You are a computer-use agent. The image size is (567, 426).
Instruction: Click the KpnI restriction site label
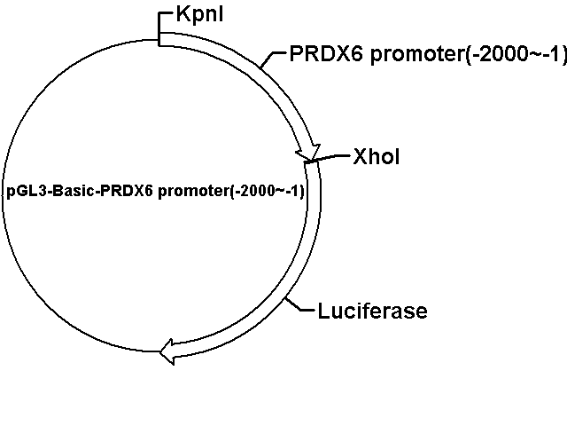pos(199,15)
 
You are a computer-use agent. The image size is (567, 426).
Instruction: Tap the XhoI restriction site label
pos(377,156)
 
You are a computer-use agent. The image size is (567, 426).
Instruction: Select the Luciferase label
pos(372,312)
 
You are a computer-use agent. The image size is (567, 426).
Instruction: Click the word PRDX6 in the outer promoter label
pos(326,54)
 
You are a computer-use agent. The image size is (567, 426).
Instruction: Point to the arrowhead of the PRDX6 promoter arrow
pos(308,152)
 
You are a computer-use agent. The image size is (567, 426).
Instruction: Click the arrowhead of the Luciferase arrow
pos(167,351)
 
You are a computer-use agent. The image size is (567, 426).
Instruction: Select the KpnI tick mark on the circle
pos(159,29)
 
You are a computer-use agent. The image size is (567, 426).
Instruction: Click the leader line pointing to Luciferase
pos(299,304)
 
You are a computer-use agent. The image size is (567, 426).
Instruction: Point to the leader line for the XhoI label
pos(329,158)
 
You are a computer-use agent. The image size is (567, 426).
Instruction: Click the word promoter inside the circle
pos(194,192)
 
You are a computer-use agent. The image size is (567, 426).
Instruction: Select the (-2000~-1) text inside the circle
pos(268,191)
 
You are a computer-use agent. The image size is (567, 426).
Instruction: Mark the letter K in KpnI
pos(183,14)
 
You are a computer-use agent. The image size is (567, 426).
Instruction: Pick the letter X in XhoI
pos(361,156)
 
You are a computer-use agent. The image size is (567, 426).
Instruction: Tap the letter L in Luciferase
pos(324,312)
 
